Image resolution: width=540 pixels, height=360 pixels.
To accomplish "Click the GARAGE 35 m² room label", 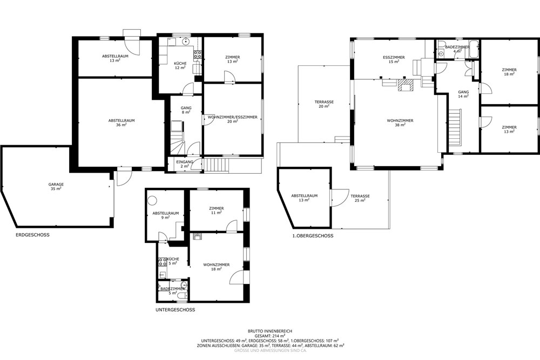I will click(x=56, y=187).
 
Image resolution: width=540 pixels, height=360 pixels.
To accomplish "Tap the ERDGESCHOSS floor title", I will click(x=33, y=235).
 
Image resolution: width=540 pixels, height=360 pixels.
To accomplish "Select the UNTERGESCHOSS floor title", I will click(x=175, y=310).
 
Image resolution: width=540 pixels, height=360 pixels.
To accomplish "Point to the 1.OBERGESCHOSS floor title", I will click(x=313, y=236).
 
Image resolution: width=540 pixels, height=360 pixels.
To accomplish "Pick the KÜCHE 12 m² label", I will click(x=180, y=66).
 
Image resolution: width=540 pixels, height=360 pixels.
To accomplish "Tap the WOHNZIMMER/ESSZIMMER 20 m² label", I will click(x=232, y=119).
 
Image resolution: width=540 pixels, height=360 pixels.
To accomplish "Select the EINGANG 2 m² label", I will click(x=184, y=164).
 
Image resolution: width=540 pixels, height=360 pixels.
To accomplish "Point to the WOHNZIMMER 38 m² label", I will click(x=400, y=123).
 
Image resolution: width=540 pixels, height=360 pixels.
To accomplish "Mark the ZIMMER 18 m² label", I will click(x=509, y=72).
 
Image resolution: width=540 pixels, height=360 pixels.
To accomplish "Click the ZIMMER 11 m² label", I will click(x=217, y=210).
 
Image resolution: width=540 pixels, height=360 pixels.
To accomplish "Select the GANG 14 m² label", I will click(x=463, y=94).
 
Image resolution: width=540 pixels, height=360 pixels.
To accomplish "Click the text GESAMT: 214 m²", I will click(x=269, y=336).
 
